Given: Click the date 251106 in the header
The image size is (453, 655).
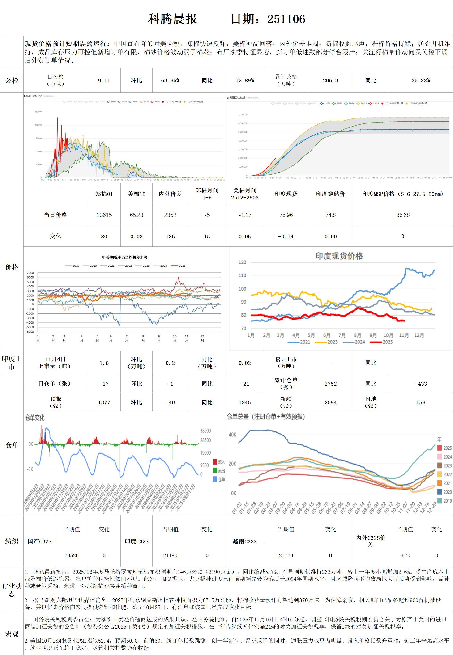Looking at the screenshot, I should click(x=286, y=19).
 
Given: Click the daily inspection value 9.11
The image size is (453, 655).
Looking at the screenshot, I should click(x=104, y=80).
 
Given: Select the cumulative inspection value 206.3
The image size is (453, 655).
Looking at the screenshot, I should click(x=330, y=80).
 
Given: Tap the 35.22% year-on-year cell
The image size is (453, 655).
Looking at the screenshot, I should click(x=420, y=80).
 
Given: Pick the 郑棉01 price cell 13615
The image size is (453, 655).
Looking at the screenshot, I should click(x=104, y=215).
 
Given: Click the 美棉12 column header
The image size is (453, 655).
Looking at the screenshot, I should click(x=136, y=194).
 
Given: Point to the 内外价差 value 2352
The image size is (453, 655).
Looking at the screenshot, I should click(x=170, y=215).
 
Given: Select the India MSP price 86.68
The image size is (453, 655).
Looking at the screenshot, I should click(x=403, y=215).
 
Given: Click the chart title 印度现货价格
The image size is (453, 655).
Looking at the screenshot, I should click(x=339, y=256).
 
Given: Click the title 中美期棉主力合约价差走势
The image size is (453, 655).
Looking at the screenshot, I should click(x=125, y=257).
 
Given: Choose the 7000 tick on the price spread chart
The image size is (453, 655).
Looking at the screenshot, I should click(x=30, y=273).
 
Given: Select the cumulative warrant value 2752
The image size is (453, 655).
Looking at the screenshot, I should click(x=330, y=384).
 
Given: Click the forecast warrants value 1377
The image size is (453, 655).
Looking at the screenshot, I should click(x=104, y=402).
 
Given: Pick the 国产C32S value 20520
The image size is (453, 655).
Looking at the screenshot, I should click(x=72, y=555).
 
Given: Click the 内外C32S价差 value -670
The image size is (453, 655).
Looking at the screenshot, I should click(x=404, y=555).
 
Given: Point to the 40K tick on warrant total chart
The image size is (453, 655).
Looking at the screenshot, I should click(x=232, y=435).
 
